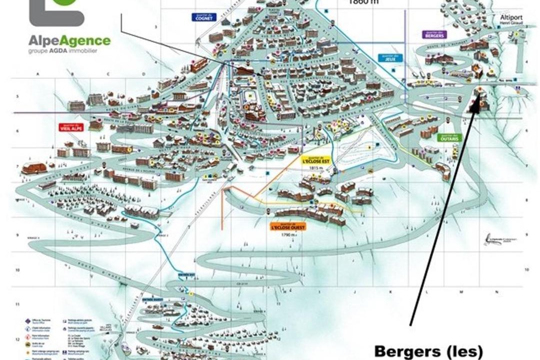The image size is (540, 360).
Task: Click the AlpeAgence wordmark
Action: click(69, 40)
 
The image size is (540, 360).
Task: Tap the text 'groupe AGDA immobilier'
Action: click(62, 50)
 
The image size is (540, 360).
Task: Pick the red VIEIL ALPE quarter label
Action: click(70, 127)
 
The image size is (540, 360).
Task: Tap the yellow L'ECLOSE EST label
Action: click(316, 160)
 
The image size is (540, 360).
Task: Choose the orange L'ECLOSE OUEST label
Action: click(287, 226)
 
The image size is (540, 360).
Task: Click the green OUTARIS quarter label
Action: click(448, 137)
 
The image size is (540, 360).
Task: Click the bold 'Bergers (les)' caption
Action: click(428, 350)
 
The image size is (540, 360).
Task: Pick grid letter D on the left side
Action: click(143, 74)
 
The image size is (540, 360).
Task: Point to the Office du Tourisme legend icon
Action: click(27, 320)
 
